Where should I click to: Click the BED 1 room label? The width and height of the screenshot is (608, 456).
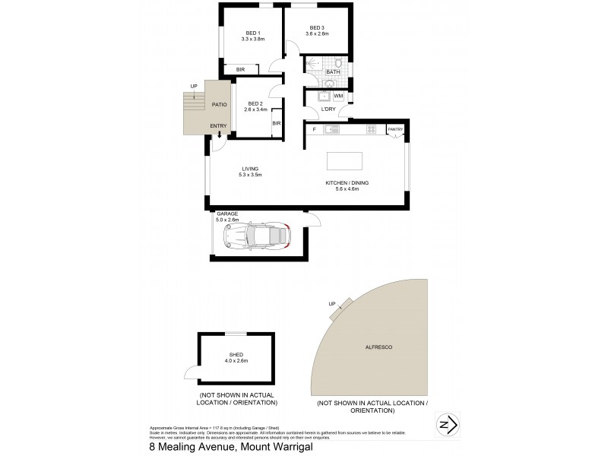pos(253,33)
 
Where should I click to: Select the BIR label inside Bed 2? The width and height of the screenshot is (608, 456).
pos(277,123)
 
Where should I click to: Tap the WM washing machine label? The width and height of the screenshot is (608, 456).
pos(337,97)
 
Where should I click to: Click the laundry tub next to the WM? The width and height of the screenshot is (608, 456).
pos(323,97)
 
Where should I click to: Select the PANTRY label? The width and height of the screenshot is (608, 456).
pos(394,130)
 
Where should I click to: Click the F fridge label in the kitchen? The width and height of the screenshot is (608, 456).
pos(314,130)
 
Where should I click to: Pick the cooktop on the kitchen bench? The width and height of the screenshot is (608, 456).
pos(372,130)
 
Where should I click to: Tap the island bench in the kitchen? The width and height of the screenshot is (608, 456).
pos(344,161)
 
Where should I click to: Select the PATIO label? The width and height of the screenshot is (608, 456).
pos(220,104)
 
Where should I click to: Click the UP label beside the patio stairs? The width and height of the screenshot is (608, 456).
pos(195,87)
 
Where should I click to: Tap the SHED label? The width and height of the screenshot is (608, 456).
pos(235,355)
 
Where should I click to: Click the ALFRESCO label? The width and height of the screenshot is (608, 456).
pos(378,347)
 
